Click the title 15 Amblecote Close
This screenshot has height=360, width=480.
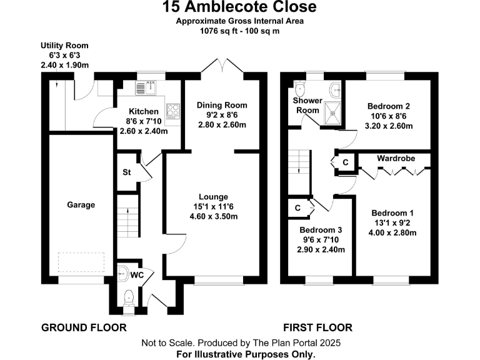click(240, 7)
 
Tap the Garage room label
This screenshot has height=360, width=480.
click(81, 204)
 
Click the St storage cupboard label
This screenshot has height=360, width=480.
click(126, 172)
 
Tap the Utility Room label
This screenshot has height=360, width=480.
click(64, 46)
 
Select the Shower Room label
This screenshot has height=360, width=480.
click(307, 105)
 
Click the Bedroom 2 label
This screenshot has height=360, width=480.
click(388, 106)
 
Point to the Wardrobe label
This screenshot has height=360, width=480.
click(396, 158)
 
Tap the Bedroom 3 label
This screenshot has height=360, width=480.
click(321, 229)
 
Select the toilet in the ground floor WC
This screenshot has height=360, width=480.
click(129, 296)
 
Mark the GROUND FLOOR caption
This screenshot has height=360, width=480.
click(84, 327)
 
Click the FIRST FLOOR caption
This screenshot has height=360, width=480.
click(317, 327)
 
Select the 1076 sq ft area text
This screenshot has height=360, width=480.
click(215, 29)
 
